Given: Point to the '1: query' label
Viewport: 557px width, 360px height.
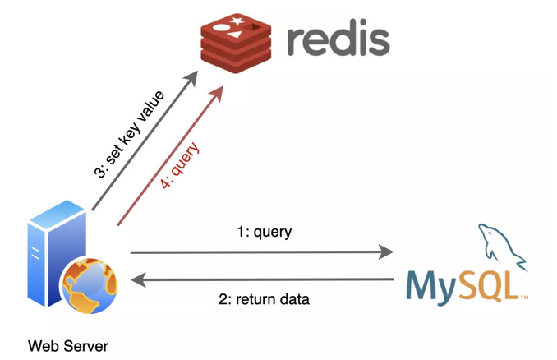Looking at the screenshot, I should (264, 233).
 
